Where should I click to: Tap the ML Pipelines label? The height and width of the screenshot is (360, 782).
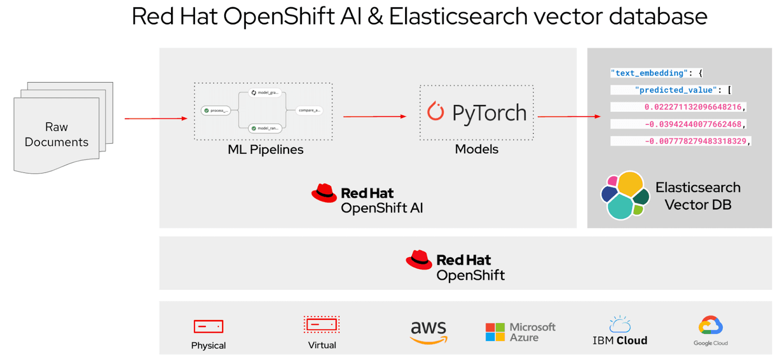pyautogui.click(x=266, y=150)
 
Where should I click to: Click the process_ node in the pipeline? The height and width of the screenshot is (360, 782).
pyautogui.click(x=215, y=110)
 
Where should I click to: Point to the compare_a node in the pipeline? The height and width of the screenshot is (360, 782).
pyautogui.click(x=310, y=110)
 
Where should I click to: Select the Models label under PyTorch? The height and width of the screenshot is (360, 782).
pyautogui.click(x=476, y=149)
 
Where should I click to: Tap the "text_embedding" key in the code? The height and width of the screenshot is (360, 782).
pyautogui.click(x=647, y=73)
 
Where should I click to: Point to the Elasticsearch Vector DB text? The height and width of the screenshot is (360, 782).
pyautogui.click(x=698, y=196)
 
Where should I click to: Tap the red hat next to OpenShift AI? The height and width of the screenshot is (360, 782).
pyautogui.click(x=324, y=193)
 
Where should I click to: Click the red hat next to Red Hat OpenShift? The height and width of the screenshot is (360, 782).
pyautogui.click(x=419, y=260)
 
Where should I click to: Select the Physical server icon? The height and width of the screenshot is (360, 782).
pyautogui.click(x=209, y=326)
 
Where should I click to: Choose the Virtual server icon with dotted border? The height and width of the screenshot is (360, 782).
pyautogui.click(x=321, y=325)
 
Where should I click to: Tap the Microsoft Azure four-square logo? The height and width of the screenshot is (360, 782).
pyautogui.click(x=495, y=332)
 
